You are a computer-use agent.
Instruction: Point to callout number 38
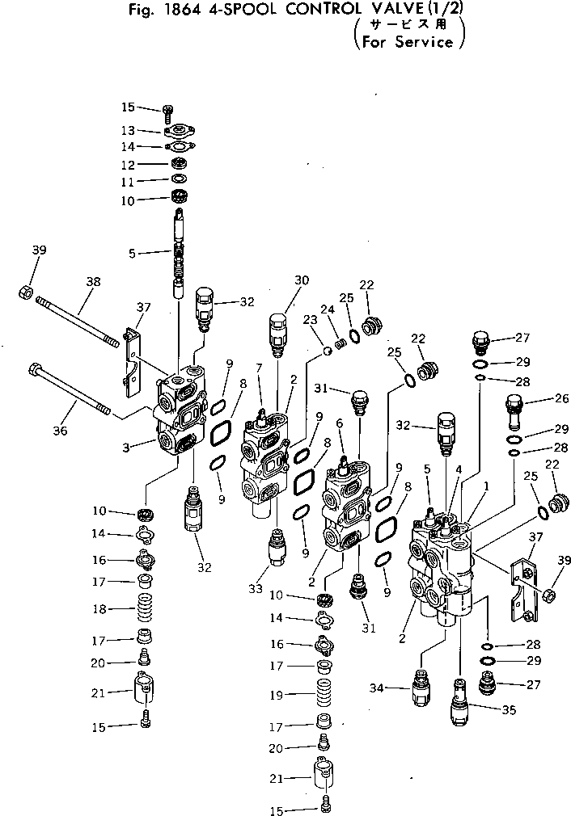click(94, 282)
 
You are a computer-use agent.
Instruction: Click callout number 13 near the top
click(128, 130)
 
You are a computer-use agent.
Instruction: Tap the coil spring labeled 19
click(323, 693)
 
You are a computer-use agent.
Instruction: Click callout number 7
click(258, 368)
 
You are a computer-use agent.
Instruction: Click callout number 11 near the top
click(128, 181)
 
